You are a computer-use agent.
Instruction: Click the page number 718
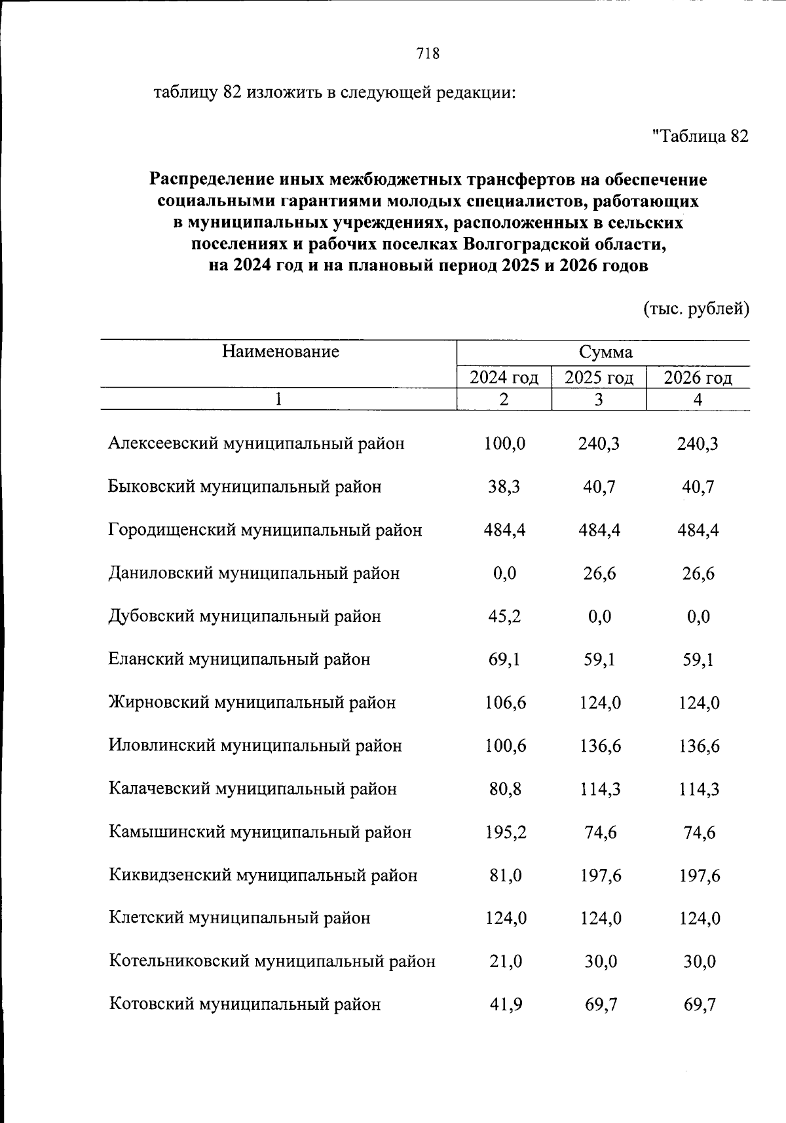(x=427, y=54)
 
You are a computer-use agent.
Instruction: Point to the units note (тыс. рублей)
(x=696, y=308)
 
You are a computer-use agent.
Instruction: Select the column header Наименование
(x=280, y=352)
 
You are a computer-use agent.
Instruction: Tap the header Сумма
(x=605, y=352)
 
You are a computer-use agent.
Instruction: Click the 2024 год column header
(x=504, y=378)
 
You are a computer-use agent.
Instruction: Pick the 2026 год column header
(x=698, y=378)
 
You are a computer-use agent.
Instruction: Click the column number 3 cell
(x=599, y=399)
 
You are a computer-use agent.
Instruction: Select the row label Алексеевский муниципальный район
(x=256, y=444)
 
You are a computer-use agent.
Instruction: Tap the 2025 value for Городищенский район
(x=599, y=530)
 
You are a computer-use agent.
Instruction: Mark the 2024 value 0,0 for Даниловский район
(x=504, y=574)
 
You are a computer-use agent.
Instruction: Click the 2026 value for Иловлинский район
(x=698, y=746)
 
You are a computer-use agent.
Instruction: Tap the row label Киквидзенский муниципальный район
(x=263, y=875)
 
